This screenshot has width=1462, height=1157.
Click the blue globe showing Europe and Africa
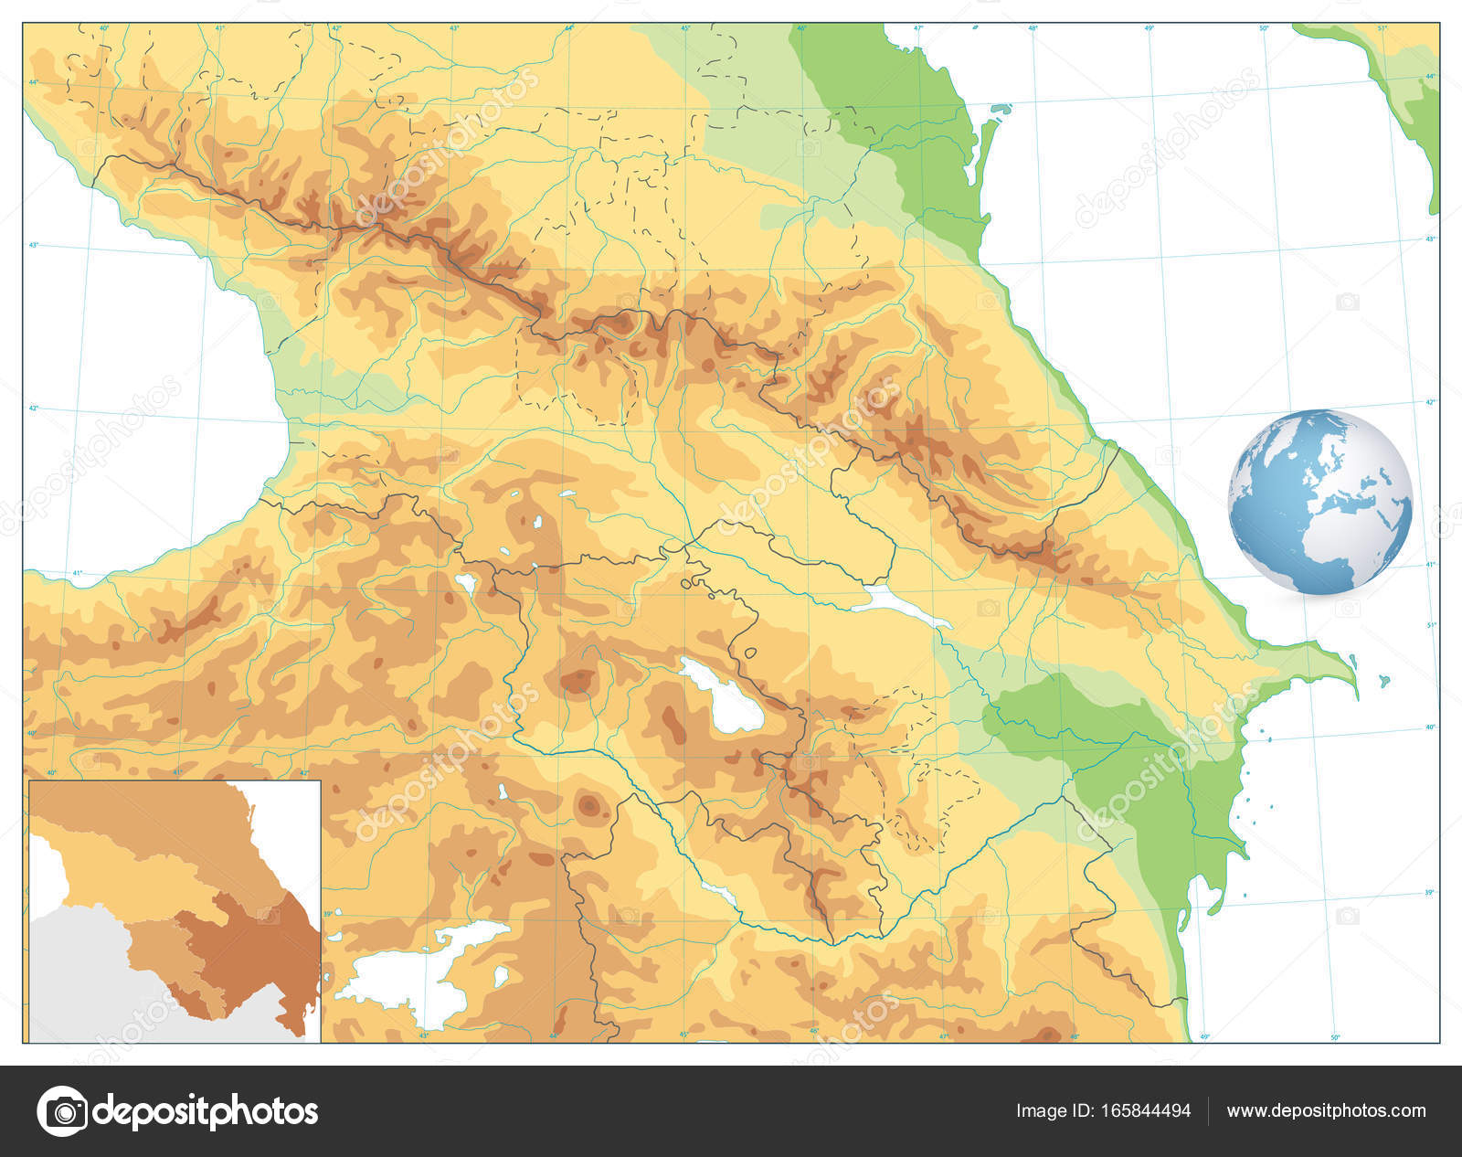[x=1319, y=502]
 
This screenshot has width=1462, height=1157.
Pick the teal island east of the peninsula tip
[x=1385, y=681]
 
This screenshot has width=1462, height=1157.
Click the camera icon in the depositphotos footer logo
[x=61, y=1111]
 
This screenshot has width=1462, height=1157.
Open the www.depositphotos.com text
[x=1326, y=1111]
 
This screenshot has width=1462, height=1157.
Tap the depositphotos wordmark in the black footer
[x=206, y=1111]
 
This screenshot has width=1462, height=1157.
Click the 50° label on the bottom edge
[x=1335, y=1037]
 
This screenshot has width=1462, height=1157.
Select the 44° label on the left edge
[x=33, y=83]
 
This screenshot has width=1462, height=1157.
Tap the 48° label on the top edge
[x=1033, y=28]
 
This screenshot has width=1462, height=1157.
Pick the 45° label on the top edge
[x=685, y=28]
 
